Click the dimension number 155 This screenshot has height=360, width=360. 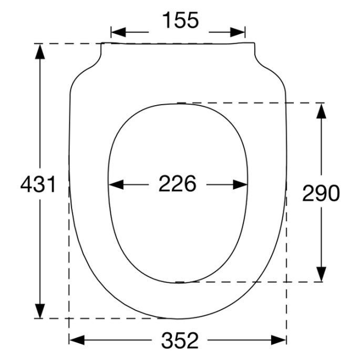[x=180, y=20]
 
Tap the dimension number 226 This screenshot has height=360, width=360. [x=178, y=184]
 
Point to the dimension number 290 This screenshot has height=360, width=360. [x=321, y=194]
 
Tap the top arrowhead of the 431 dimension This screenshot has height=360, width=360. [x=39, y=50]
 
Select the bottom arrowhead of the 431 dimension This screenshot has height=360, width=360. [x=39, y=311]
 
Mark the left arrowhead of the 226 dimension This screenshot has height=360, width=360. [x=115, y=184]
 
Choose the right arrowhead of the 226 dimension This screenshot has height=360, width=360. [x=241, y=184]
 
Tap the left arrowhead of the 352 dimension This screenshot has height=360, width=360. [x=77, y=340]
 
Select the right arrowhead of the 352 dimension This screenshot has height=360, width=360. [x=279, y=340]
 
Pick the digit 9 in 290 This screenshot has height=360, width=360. [x=321, y=194]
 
